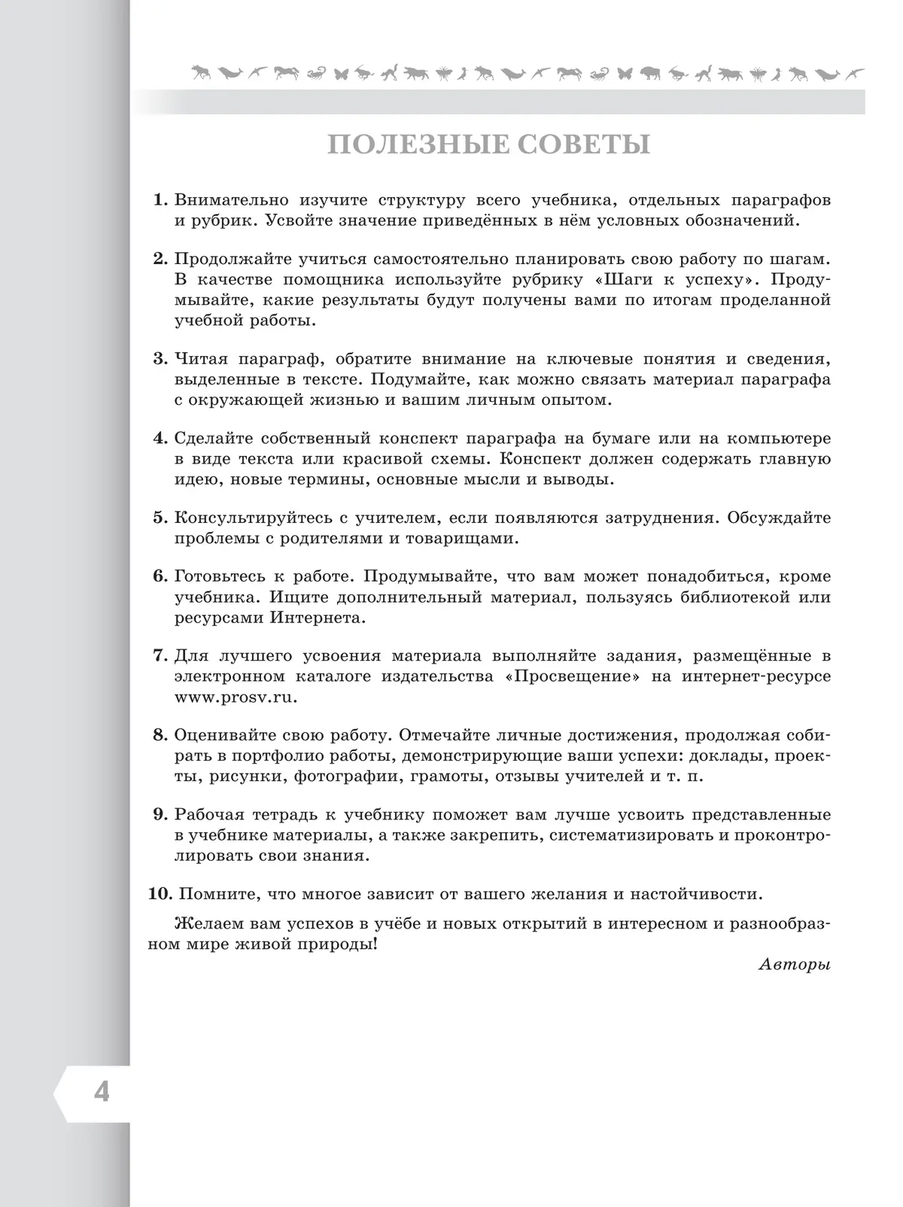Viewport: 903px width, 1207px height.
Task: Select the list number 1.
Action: pyautogui.click(x=159, y=201)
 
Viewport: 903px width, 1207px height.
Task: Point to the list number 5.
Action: pyautogui.click(x=159, y=518)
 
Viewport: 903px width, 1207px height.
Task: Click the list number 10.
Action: pyautogui.click(x=161, y=894)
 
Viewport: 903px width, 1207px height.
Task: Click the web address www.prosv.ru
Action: pyautogui.click(x=236, y=696)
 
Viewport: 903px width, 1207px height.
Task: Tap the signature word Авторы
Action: pyautogui.click(x=795, y=965)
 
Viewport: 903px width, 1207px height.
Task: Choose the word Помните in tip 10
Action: pyautogui.click(x=218, y=894)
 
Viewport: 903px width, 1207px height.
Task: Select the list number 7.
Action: pyautogui.click(x=159, y=655)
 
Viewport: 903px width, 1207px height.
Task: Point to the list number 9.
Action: pyautogui.click(x=159, y=814)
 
